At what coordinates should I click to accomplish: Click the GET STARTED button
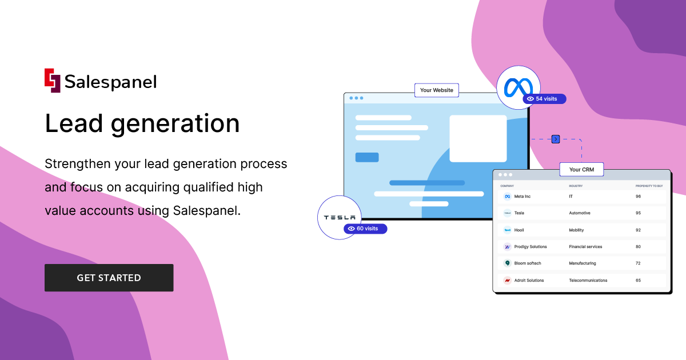click(109, 278)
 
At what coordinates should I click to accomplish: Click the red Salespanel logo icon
click(52, 81)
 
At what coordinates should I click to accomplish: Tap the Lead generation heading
click(142, 123)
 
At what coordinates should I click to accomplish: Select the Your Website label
click(436, 90)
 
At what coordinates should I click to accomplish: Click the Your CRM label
click(581, 170)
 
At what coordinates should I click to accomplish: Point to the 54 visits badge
click(544, 99)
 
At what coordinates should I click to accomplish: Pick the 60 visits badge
click(365, 229)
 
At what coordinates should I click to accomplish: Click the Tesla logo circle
click(340, 217)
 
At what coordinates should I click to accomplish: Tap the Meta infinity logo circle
click(518, 87)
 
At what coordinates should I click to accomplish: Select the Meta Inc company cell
click(522, 197)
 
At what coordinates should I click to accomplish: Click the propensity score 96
click(638, 197)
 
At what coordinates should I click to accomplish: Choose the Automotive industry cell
click(579, 213)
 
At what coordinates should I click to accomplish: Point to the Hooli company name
click(519, 230)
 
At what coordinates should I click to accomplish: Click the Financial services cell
click(585, 247)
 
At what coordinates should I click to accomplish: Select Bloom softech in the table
click(527, 263)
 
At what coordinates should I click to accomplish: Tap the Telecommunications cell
click(588, 281)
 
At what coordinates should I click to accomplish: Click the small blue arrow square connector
click(555, 139)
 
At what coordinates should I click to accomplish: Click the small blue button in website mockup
click(367, 157)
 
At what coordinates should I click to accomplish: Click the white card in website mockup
click(478, 138)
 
